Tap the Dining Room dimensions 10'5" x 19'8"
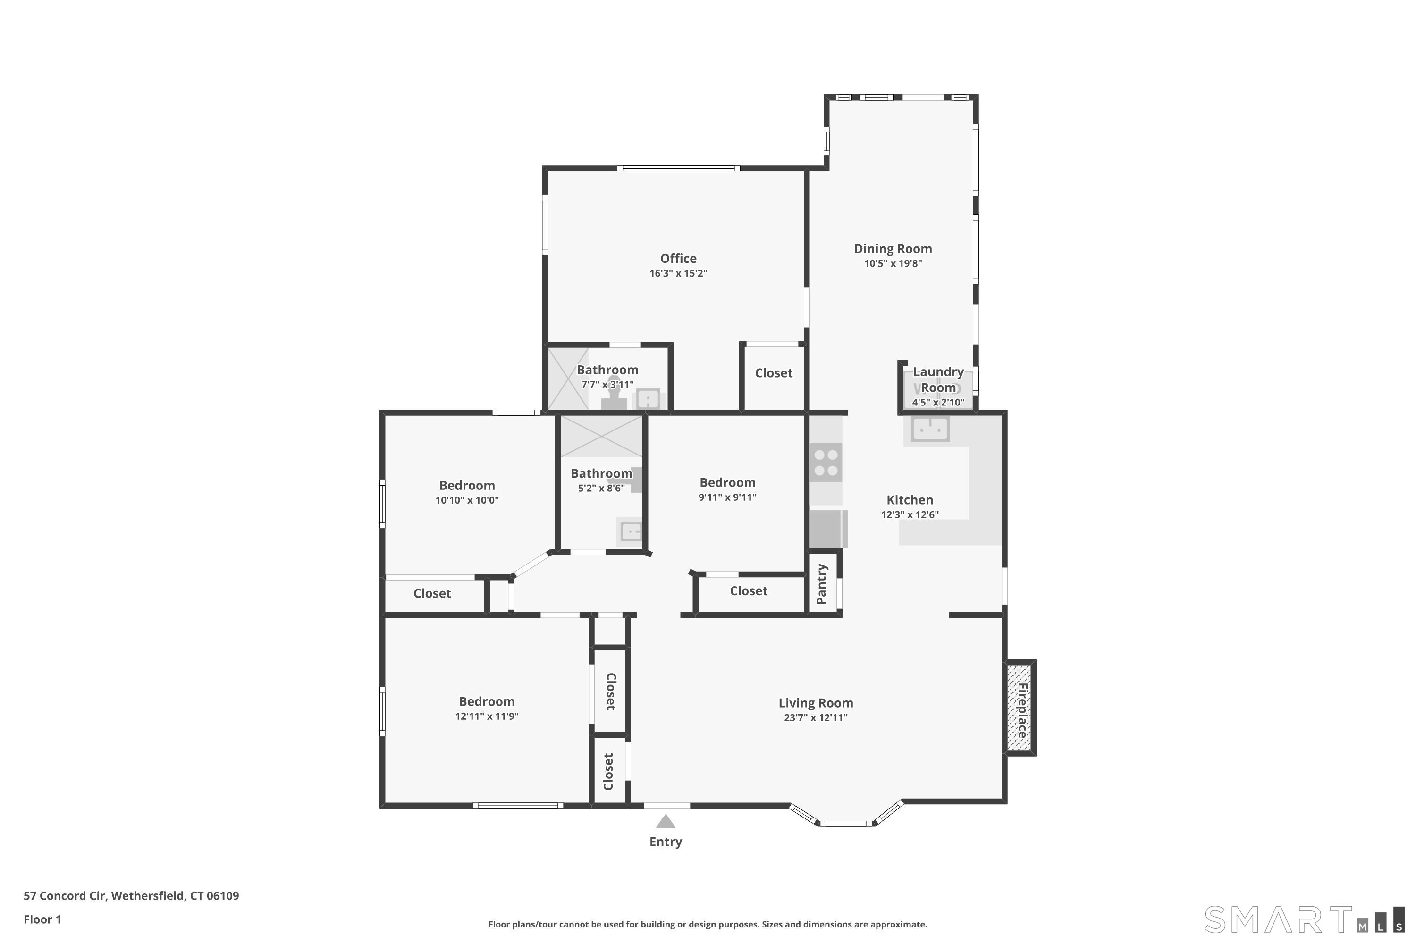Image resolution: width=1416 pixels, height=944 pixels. point(893,263)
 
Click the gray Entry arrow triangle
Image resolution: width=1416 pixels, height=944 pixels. point(665,821)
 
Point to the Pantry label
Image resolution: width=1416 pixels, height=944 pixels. point(822,583)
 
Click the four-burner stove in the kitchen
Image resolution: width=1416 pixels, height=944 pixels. point(826,463)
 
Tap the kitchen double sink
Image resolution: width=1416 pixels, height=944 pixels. point(930,429)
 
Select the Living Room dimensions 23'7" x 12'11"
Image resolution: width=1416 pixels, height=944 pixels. point(816,717)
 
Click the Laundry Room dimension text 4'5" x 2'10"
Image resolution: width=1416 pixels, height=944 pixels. point(938,402)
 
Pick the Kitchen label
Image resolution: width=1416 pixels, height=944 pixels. point(910,500)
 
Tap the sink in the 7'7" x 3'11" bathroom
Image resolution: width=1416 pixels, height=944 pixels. point(648,399)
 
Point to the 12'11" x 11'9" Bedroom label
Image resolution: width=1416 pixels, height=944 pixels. point(487,701)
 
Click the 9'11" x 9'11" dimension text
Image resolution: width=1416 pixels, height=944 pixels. point(727,497)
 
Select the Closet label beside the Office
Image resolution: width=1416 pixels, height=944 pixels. point(774,373)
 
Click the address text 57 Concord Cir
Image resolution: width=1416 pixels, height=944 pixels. point(65,896)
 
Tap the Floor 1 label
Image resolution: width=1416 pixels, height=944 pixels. point(42,919)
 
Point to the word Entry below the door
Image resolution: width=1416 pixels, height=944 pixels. point(665,842)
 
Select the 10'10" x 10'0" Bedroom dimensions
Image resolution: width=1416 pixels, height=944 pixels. point(467,500)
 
